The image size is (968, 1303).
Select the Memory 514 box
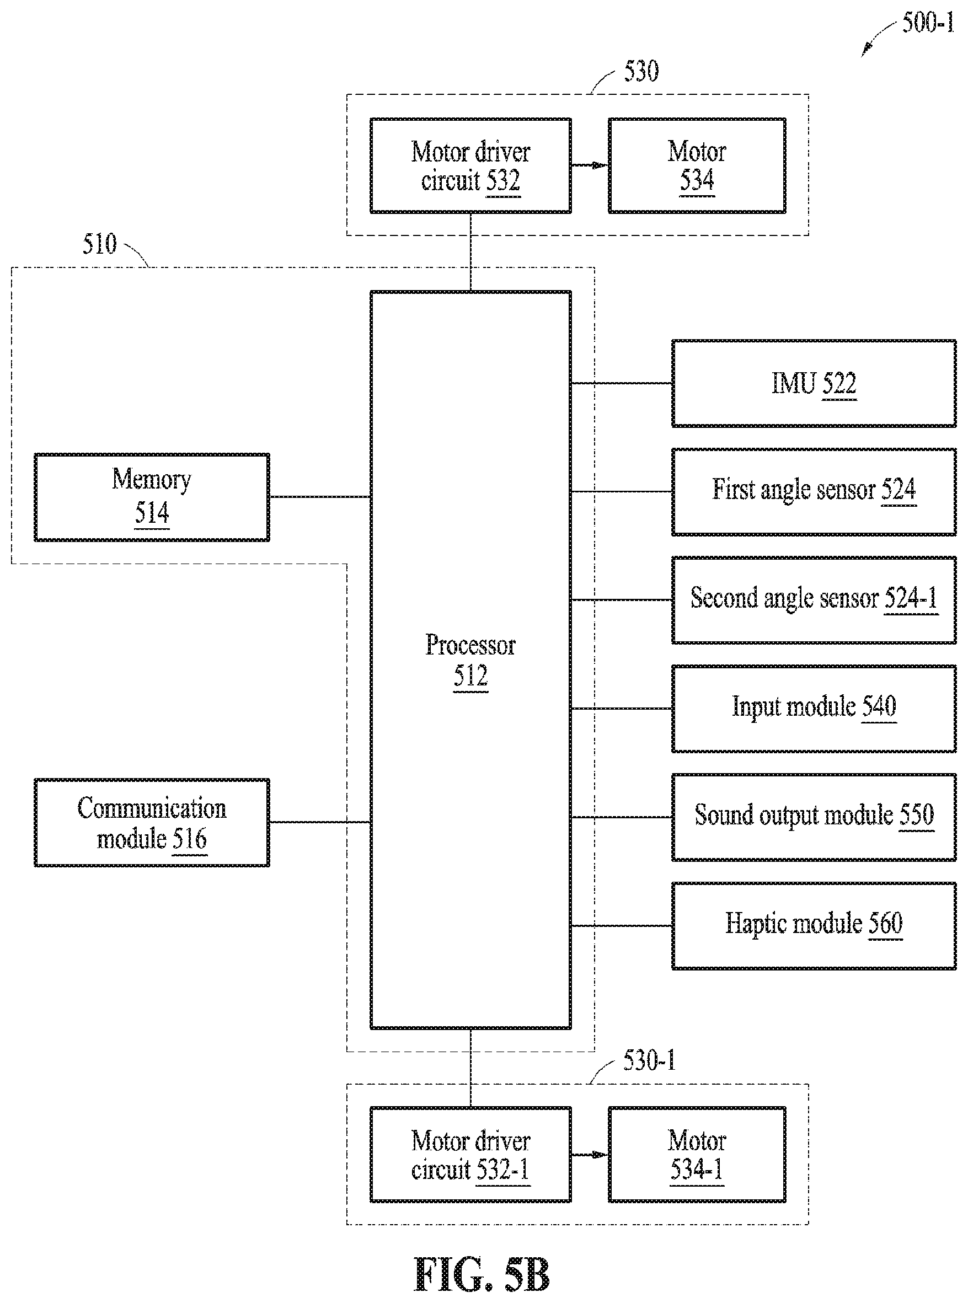point(152,497)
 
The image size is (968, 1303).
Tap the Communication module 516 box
point(152,823)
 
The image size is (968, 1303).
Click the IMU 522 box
point(814,383)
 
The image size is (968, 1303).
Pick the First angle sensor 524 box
point(814,491)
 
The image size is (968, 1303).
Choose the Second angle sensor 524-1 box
point(814,600)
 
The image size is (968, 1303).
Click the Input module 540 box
point(814,709)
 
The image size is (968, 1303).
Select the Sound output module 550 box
point(814,817)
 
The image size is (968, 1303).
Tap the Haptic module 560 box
point(814,926)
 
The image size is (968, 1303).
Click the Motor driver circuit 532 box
point(470,166)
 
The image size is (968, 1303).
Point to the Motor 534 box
point(697,166)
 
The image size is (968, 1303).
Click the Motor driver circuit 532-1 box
point(470,1155)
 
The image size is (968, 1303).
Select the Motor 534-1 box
point(697,1155)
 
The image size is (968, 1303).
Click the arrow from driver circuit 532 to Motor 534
point(590,166)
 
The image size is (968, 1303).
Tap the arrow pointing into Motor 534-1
point(590,1155)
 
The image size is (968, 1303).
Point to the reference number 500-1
point(928,23)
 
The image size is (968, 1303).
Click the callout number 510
point(100,244)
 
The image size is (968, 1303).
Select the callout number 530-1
point(649,1060)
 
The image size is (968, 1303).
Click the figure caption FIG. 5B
point(482,1275)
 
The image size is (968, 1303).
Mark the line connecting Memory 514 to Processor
point(320,497)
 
